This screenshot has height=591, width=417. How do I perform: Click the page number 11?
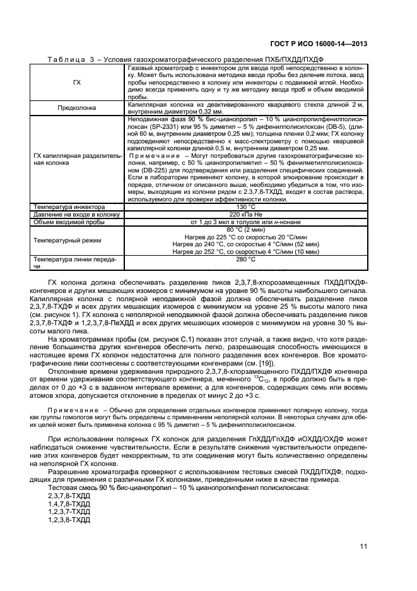pos(363,546)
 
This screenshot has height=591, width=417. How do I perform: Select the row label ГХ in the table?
pos(77,82)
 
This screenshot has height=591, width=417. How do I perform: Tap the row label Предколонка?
pos(77,108)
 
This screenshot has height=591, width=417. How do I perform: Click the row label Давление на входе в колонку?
pos(77,215)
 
